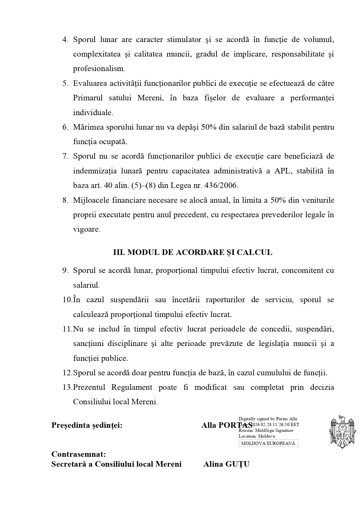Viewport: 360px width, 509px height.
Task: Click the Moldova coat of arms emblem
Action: coord(342,432)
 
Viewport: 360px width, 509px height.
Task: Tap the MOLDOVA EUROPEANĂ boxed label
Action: coord(268,443)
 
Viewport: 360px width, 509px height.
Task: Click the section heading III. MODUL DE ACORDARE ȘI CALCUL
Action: coord(193,252)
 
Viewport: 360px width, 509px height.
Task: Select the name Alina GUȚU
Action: coord(226,464)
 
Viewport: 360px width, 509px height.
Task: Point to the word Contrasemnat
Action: coord(79,454)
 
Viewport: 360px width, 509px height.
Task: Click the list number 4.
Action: coord(65,40)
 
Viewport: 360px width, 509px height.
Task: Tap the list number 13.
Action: coord(67,387)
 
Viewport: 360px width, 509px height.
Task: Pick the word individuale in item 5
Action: coord(93,113)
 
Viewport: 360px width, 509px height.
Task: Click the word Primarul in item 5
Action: coord(88,98)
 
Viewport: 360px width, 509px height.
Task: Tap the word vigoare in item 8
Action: coord(86,229)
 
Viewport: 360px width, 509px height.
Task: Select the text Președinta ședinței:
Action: coord(87,425)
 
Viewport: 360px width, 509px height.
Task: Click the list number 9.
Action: coord(65,271)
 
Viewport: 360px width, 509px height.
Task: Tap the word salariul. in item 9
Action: coord(86,285)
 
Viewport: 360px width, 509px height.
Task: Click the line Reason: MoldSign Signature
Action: coord(266,430)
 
